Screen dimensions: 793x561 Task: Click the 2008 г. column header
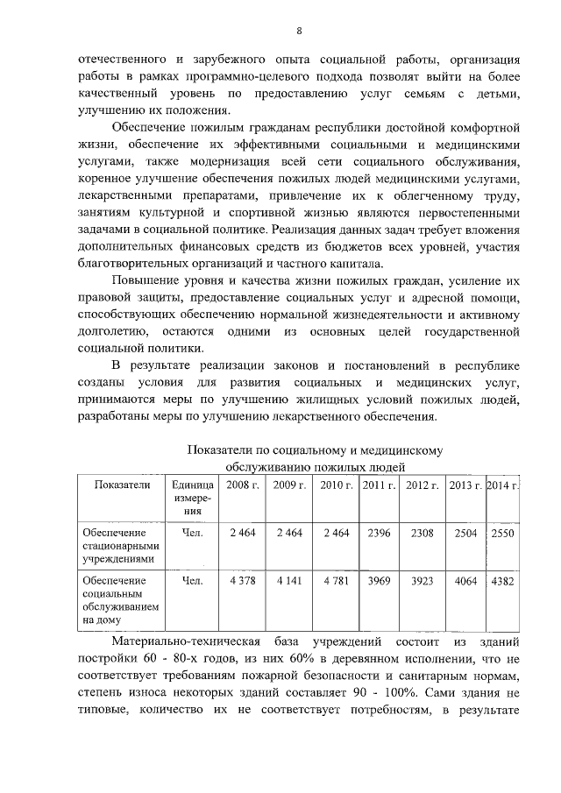(242, 485)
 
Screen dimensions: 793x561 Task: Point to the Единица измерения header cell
(192, 497)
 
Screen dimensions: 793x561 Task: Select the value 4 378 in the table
(242, 579)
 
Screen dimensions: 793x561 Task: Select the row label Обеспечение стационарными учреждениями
(117, 544)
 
